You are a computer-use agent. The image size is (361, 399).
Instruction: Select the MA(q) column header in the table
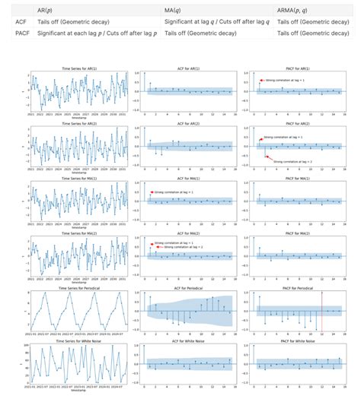coord(176,8)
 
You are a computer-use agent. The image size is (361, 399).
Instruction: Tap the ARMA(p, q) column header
coord(299,8)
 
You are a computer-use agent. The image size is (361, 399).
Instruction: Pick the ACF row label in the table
coord(21,22)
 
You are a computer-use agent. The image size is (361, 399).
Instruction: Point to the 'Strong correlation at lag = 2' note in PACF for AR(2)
coord(293,162)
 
